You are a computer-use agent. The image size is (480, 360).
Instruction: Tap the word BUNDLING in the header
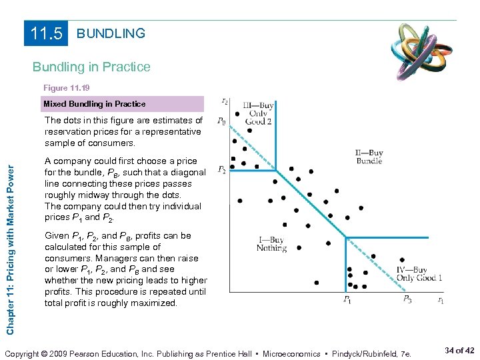(x=111, y=33)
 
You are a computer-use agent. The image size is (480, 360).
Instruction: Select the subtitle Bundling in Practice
(x=92, y=67)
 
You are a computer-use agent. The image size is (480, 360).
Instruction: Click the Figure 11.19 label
(x=67, y=88)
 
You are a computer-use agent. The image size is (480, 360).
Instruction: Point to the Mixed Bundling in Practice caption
(x=94, y=104)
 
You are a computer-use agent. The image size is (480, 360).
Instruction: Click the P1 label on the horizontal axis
(x=347, y=300)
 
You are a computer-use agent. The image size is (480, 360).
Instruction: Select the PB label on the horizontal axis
(x=407, y=300)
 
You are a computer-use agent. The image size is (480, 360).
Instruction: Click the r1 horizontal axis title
(x=440, y=301)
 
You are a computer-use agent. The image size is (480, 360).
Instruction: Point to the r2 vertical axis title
(x=224, y=101)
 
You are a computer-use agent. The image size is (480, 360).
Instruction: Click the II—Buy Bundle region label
(x=369, y=157)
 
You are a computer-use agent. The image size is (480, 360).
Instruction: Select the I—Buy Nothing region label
(x=271, y=244)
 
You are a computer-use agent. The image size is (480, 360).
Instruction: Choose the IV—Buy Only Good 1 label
(x=419, y=273)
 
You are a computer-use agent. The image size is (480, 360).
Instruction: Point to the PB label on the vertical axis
(x=221, y=121)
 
